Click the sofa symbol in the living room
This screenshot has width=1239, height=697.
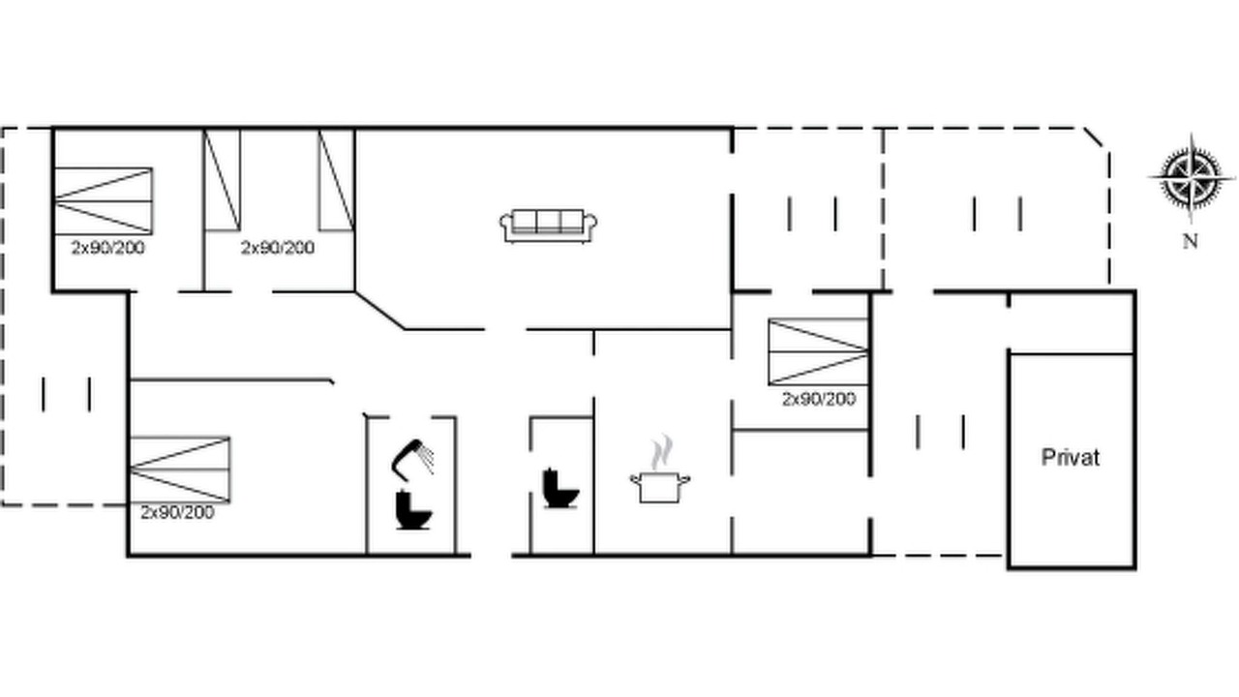pyautogui.click(x=548, y=226)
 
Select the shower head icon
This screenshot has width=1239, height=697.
pyautogui.click(x=412, y=459)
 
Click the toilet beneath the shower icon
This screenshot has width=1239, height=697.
pyautogui.click(x=413, y=510)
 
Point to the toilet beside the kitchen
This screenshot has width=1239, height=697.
pyautogui.click(x=560, y=488)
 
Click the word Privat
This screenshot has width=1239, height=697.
pyautogui.click(x=1071, y=458)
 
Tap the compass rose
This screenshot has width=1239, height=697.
pyautogui.click(x=1192, y=178)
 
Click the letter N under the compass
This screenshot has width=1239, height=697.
pyautogui.click(x=1191, y=241)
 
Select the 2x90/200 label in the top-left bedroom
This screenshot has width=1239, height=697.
pyautogui.click(x=107, y=247)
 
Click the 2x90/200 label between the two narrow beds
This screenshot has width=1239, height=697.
pyautogui.click(x=278, y=247)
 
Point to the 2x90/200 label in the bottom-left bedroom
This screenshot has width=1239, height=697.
pyautogui.click(x=177, y=512)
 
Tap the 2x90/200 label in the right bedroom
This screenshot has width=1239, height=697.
pyautogui.click(x=819, y=399)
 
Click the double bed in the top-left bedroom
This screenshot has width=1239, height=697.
pyautogui.click(x=104, y=200)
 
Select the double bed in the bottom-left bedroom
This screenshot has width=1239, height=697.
pyautogui.click(x=180, y=470)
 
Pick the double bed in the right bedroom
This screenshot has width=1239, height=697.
pyautogui.click(x=818, y=351)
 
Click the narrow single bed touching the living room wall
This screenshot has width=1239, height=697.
pyautogui.click(x=336, y=180)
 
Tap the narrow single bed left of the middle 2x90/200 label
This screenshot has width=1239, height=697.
pyautogui.click(x=223, y=180)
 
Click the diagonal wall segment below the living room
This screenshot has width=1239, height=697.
pyautogui.click(x=380, y=311)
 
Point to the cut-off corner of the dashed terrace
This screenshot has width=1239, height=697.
pyautogui.click(x=1093, y=137)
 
